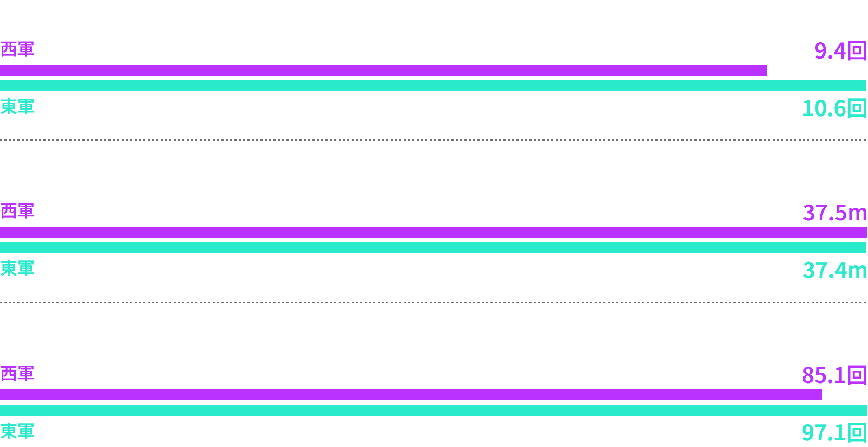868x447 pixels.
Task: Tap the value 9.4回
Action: (840, 51)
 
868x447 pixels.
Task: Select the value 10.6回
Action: (834, 108)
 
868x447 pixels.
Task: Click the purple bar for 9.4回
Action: (383, 71)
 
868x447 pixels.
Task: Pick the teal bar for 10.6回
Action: (433, 86)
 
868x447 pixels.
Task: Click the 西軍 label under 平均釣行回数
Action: (17, 49)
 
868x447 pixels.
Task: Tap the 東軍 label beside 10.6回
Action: (17, 107)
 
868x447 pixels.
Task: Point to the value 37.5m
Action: (834, 213)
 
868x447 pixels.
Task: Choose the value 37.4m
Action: (834, 270)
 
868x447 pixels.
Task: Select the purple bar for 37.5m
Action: (433, 232)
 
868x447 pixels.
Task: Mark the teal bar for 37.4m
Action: (433, 247)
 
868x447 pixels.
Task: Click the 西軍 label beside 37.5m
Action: (17, 211)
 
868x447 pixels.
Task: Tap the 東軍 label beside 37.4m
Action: (17, 269)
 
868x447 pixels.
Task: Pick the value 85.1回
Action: (834, 375)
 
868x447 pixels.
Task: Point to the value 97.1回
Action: (834, 433)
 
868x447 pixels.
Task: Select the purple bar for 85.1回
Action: (411, 395)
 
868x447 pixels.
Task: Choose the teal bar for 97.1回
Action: (433, 410)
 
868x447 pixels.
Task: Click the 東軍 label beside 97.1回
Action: (17, 431)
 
